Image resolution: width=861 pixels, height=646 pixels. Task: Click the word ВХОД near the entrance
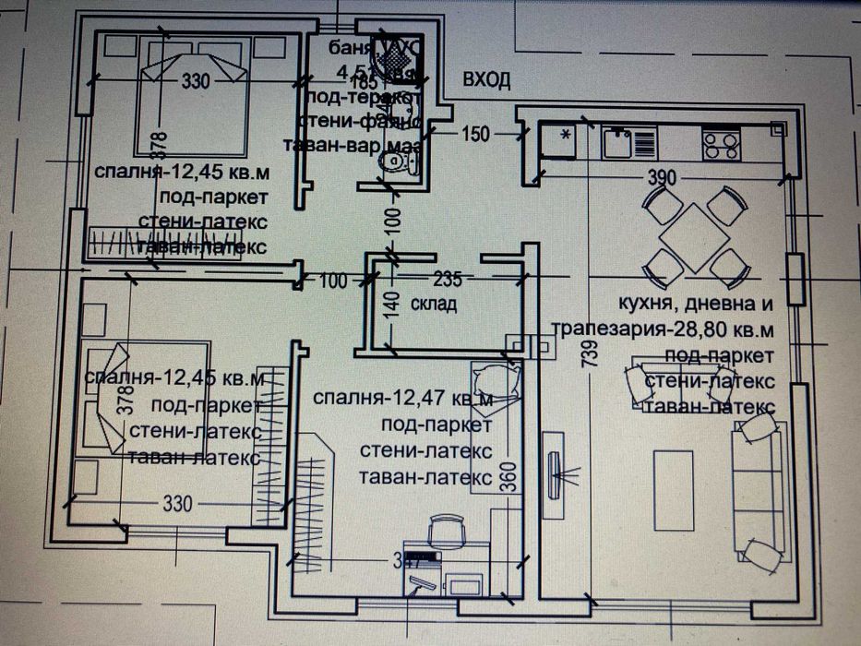pos(486,81)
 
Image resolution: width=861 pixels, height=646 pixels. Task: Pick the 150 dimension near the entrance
pos(473,135)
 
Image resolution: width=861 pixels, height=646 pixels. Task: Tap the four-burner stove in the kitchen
pos(722,142)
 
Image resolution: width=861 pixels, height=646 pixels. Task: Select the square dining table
pos(695,236)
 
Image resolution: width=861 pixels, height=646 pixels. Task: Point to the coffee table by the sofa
pos(674,490)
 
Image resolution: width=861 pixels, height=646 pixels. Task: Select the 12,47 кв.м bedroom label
pos(403,398)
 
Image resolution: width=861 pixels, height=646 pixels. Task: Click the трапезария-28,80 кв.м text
pos(663,329)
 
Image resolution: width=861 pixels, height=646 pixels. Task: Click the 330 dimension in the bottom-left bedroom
pos(177,504)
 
